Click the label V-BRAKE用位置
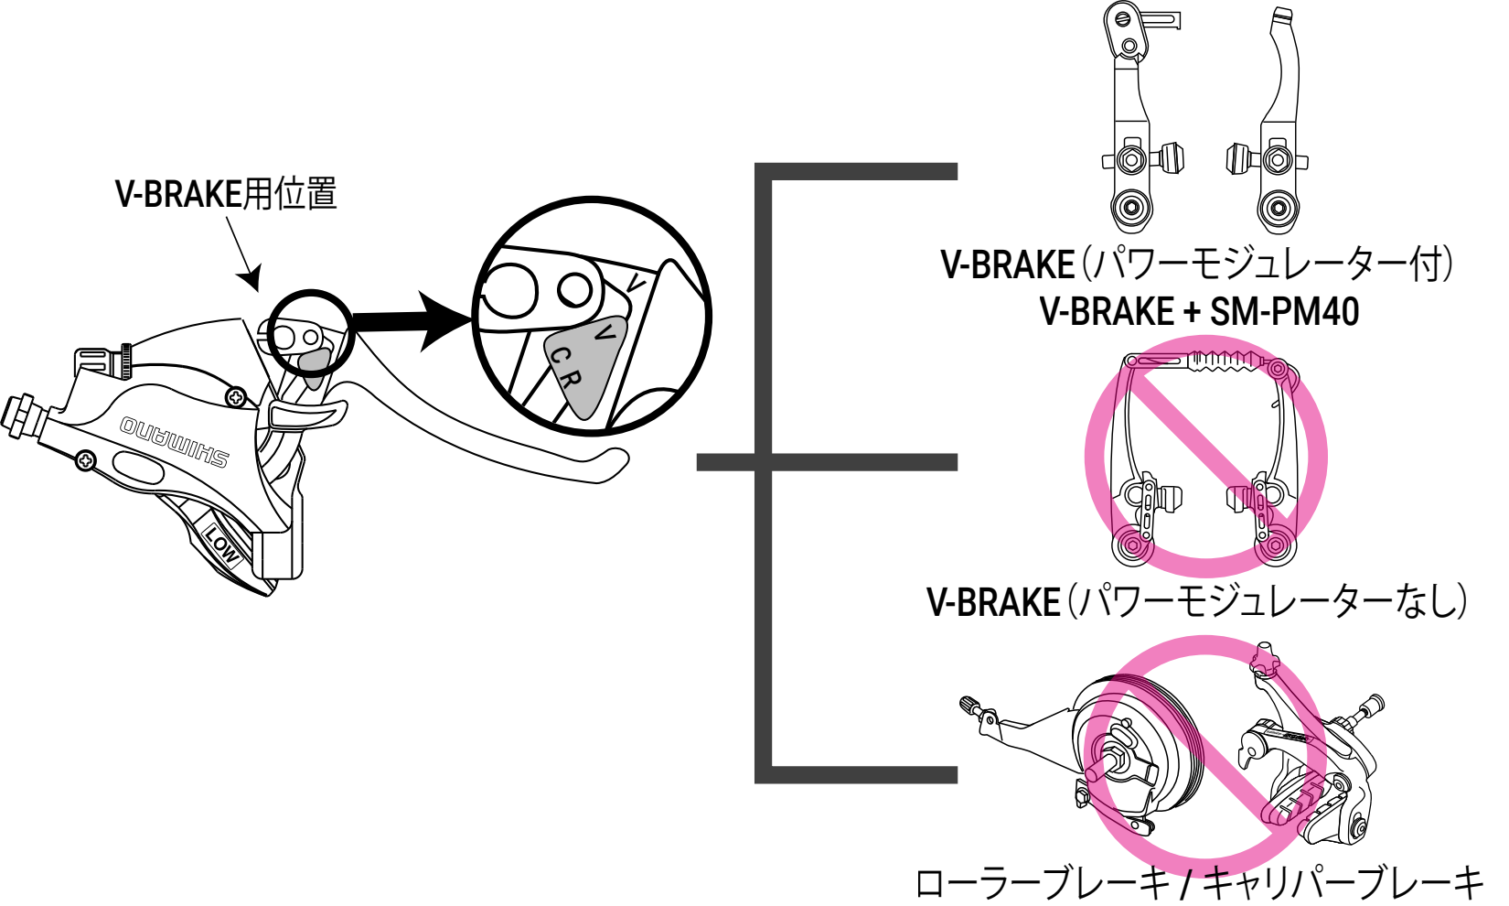(x=226, y=194)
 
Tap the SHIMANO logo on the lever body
(x=174, y=442)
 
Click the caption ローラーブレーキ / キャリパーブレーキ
(x=1198, y=883)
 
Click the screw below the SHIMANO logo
(x=85, y=460)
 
